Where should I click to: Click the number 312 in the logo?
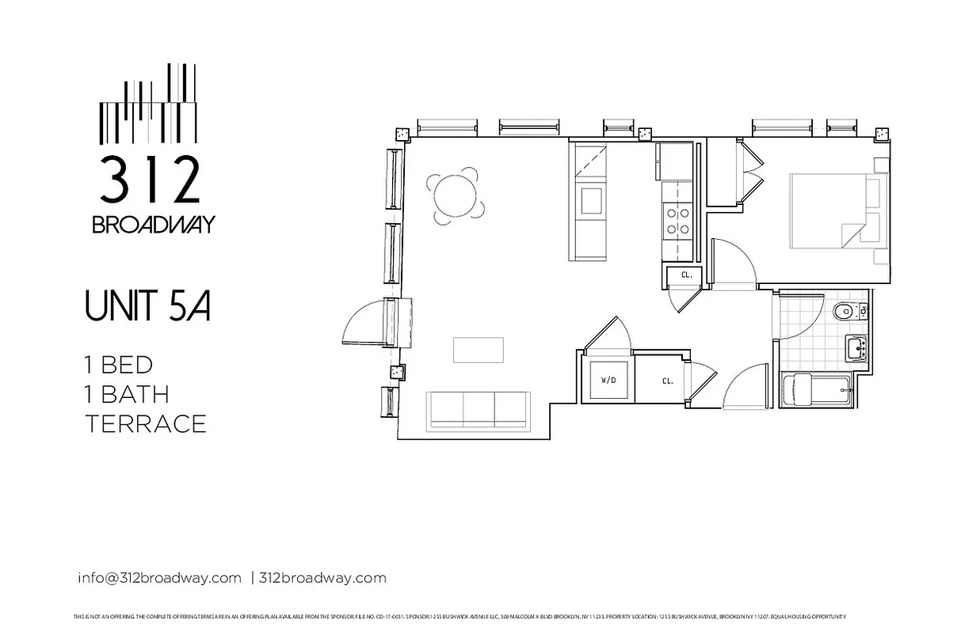click(x=149, y=180)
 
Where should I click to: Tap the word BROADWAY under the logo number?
click(x=153, y=225)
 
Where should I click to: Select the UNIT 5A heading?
click(x=147, y=307)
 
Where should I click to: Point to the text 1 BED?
click(x=119, y=365)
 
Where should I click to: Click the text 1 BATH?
click(x=127, y=394)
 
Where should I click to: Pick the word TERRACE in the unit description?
click(x=146, y=423)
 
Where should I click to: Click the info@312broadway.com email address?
click(x=159, y=578)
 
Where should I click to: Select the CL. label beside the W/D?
click(x=667, y=381)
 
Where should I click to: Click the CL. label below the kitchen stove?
click(x=686, y=275)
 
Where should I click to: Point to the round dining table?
click(x=456, y=194)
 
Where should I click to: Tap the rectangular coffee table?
click(x=478, y=349)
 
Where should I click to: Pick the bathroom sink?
click(x=855, y=347)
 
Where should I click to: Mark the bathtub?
click(x=816, y=390)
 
